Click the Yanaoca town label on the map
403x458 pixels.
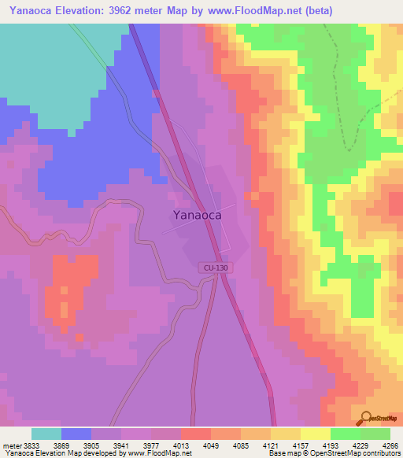pos(196,214)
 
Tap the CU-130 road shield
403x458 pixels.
pos(214,268)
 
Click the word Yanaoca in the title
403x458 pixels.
pos(34,11)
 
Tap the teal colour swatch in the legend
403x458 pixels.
pos(46,434)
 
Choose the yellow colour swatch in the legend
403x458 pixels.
pos(315,434)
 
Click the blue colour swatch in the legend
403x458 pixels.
pos(76,434)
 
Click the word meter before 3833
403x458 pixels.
pos(11,445)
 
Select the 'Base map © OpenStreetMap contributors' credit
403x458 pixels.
pos(334,454)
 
